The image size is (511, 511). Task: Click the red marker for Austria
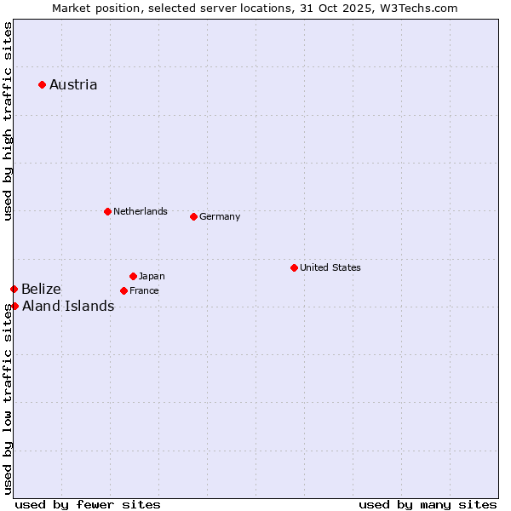[42, 84]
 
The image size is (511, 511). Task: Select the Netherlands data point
[107, 211]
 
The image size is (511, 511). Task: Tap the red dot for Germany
[193, 216]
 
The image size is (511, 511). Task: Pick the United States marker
[294, 267]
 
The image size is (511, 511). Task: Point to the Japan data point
[133, 276]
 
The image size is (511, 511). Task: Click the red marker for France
[123, 290]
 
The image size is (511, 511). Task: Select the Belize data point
[14, 290]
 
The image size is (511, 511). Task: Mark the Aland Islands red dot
[14, 306]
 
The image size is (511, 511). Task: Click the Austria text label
[73, 84]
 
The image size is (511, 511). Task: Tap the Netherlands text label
[140, 211]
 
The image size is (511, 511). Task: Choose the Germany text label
[220, 216]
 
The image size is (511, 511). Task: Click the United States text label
[330, 267]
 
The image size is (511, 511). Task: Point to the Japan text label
[152, 276]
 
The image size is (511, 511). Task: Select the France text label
[144, 290]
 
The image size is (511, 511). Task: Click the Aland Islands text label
[68, 307]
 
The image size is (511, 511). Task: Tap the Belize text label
[41, 290]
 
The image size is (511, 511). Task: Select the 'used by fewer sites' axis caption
[88, 504]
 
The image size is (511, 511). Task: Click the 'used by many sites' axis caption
[428, 504]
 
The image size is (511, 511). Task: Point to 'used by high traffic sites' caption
[8, 121]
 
